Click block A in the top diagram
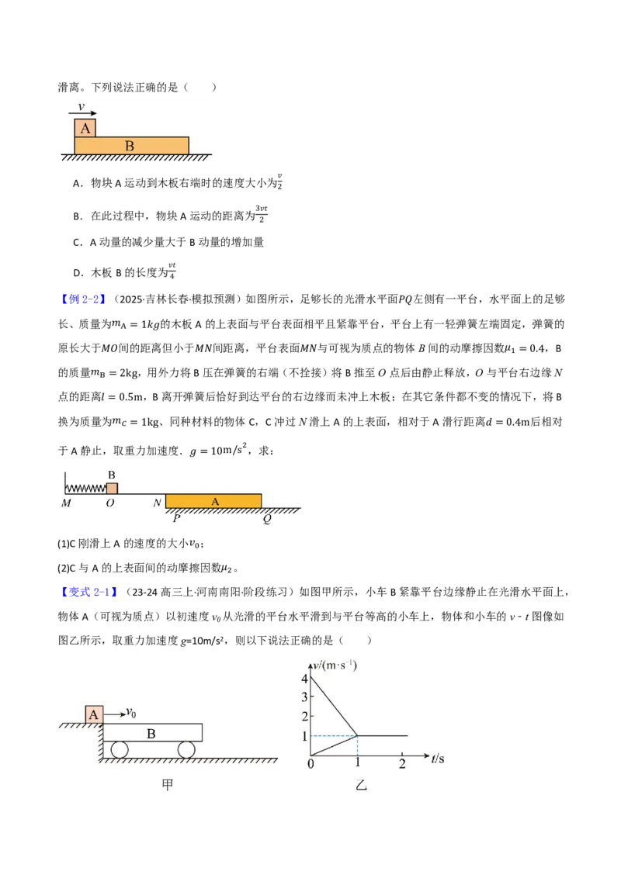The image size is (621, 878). [85, 128]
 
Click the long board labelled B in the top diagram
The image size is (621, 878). [132, 146]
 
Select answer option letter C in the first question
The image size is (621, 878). [78, 243]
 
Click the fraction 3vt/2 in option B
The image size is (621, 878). [261, 214]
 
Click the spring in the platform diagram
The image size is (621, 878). [85, 489]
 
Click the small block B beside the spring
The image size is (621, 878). [112, 488]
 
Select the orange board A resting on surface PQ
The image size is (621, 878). [213, 501]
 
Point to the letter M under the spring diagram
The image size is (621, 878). [66, 503]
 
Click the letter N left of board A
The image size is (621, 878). [157, 503]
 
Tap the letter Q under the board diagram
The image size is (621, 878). [267, 519]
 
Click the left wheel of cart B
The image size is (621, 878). [120, 749]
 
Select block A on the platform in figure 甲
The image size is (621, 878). [94, 714]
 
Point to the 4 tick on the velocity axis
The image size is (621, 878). [305, 679]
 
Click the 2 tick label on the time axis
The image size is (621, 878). [402, 764]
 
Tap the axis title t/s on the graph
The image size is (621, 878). [438, 759]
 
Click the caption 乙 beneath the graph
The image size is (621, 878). [362, 785]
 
